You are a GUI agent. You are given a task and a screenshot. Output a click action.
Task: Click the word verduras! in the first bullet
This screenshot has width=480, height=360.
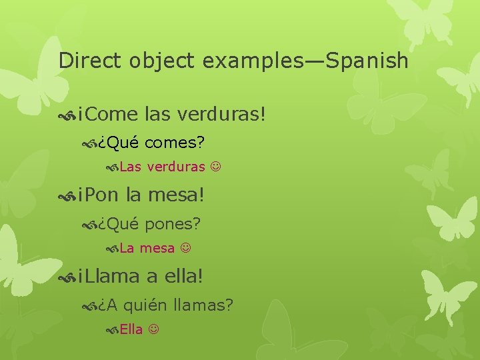[x=222, y=114]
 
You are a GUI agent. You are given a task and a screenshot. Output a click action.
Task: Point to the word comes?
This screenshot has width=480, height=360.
[x=174, y=142]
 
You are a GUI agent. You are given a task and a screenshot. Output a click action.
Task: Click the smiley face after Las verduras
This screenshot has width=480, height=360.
[x=215, y=167]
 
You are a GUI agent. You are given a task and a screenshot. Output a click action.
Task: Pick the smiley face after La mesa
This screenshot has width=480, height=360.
[x=185, y=249]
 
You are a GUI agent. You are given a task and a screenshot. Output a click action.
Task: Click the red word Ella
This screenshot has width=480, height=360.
[x=131, y=330]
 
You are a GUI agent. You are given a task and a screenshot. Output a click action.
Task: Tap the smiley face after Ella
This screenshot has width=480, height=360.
[x=153, y=330]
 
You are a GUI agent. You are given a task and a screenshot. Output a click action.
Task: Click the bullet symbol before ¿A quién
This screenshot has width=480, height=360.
[x=89, y=306]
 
